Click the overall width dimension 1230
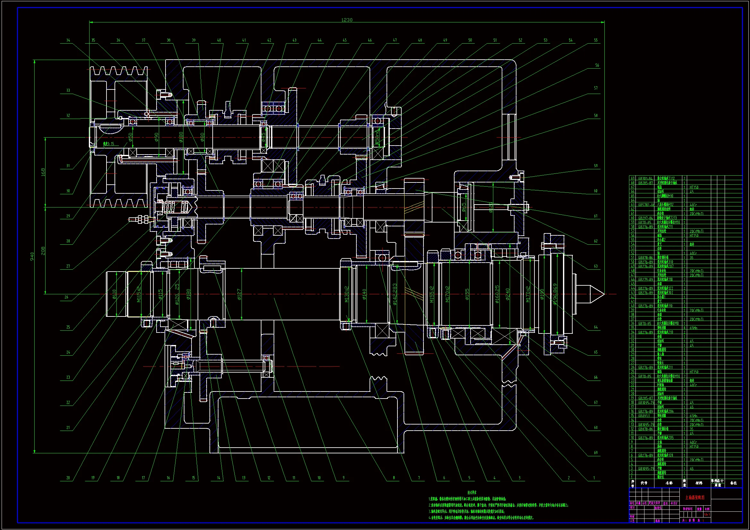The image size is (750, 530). [x=346, y=20]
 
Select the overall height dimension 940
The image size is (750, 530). [x=32, y=257]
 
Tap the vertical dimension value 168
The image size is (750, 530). [x=43, y=172]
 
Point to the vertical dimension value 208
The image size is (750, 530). [x=43, y=251]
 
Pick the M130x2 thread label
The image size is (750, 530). [x=346, y=294]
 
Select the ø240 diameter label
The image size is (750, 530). [x=507, y=295]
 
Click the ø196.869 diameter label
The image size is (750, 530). [x=555, y=294]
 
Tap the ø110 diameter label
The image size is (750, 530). [x=114, y=294]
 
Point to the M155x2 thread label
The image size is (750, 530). [x=432, y=294]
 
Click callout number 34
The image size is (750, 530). [x=68, y=40]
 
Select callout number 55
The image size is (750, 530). [x=595, y=40]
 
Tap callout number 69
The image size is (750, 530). [x=595, y=453]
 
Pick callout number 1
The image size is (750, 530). [x=594, y=478]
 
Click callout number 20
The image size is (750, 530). [x=68, y=478]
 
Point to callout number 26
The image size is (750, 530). [x=66, y=297]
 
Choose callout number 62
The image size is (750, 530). [x=595, y=241]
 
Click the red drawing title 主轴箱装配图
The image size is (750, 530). [x=695, y=498]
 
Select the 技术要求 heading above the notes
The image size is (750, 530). [x=472, y=492]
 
